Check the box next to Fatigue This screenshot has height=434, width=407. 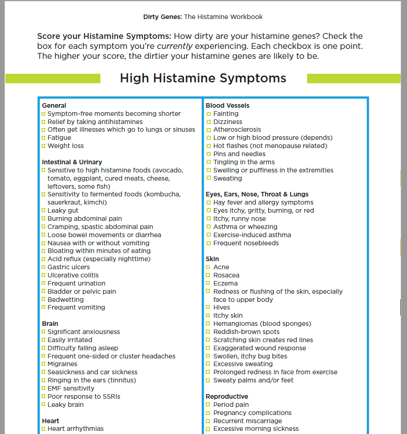point(43,138)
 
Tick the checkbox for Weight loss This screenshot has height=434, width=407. point(43,146)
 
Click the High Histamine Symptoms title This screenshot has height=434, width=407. point(203,78)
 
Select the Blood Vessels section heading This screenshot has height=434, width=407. point(227,105)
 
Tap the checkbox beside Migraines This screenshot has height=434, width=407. point(43,364)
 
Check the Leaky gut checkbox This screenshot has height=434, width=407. point(43,211)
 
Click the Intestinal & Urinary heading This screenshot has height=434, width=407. point(72,162)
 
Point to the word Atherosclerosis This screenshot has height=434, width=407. point(237,129)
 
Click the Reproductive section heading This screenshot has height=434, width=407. point(227,396)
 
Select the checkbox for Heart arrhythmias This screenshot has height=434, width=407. point(43,429)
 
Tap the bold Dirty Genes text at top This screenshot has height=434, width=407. point(162,17)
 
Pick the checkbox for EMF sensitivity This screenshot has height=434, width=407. point(43,389)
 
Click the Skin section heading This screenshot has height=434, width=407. point(212,259)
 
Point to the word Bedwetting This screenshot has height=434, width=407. point(66,300)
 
